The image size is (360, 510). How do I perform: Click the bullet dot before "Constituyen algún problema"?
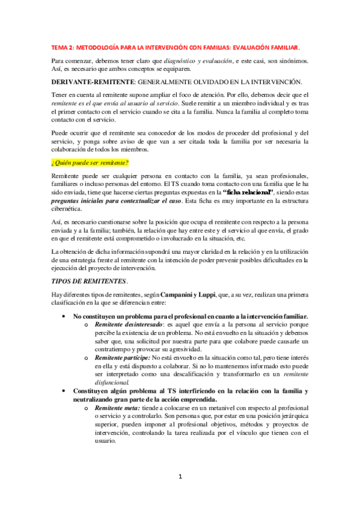(x=64, y=391)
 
